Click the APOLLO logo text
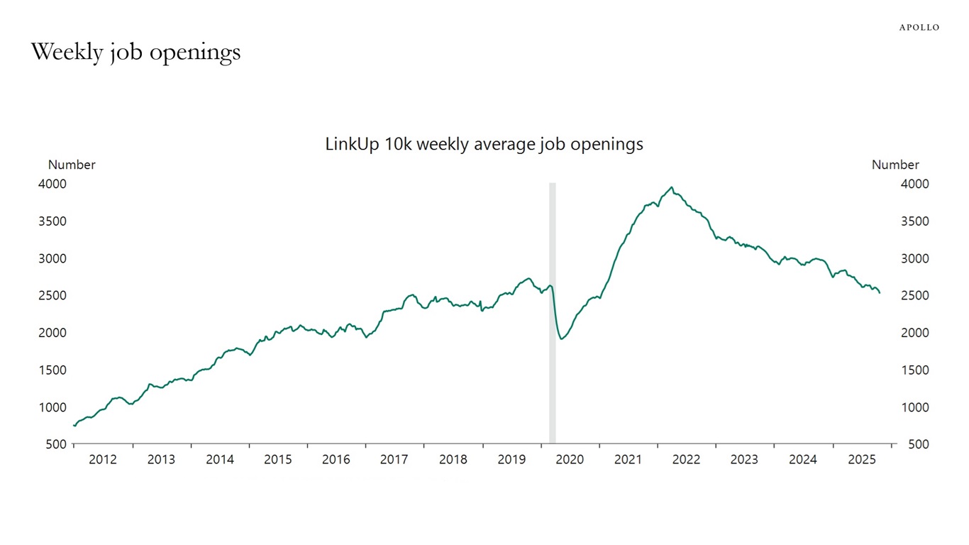click(x=919, y=28)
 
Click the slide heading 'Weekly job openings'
click(x=135, y=52)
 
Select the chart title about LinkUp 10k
click(x=484, y=144)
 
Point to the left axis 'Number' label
click(x=72, y=165)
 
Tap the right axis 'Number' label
click(x=895, y=165)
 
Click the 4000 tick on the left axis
click(x=52, y=184)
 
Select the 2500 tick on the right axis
click(x=914, y=295)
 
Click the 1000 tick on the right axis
click(x=914, y=407)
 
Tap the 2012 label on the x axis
click(x=103, y=459)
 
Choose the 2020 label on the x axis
click(x=570, y=459)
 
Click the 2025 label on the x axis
click(x=862, y=459)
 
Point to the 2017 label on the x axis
click(x=394, y=459)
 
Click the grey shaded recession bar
click(x=553, y=312)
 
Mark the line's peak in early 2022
click(x=671, y=187)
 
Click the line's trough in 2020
click(x=561, y=338)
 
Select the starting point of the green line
click(x=74, y=426)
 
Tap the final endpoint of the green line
click(x=880, y=292)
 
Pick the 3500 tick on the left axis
click(x=52, y=221)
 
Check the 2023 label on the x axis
click(x=744, y=459)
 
